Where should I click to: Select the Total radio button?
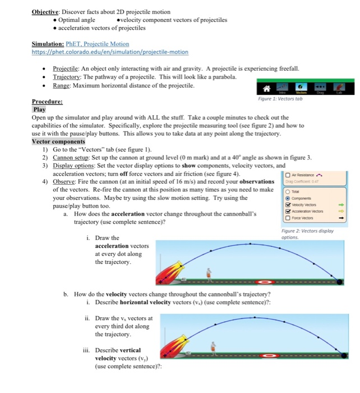[x=287, y=190]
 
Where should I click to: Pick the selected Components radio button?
[x=287, y=198]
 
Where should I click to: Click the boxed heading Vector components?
[x=58, y=141]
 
